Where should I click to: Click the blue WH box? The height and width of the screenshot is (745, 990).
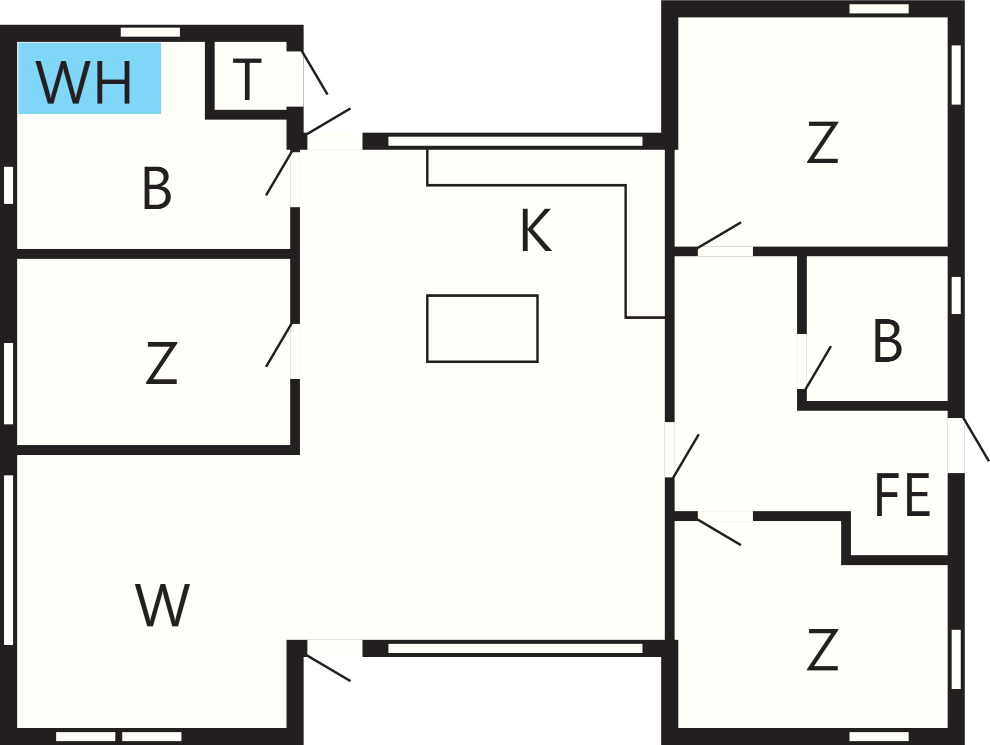[89, 78]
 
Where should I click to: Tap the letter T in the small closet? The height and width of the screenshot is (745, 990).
[247, 79]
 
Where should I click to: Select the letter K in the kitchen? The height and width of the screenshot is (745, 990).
[536, 230]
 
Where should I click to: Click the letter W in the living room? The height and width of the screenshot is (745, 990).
[162, 605]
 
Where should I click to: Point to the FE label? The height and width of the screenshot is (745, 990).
[902, 495]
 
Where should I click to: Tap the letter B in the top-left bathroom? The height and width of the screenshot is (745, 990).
[156, 188]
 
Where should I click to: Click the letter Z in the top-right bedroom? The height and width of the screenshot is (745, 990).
[822, 142]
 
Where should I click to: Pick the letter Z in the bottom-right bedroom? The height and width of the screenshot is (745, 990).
[822, 649]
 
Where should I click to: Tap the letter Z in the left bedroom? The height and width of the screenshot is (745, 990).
[161, 363]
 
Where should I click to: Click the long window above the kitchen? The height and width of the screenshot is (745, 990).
[515, 141]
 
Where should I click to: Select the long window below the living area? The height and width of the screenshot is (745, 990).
[515, 648]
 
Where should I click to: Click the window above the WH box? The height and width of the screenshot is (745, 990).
[150, 32]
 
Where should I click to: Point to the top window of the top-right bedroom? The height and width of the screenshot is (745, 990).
[879, 9]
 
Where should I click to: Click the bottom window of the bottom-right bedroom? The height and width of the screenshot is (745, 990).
[879, 736]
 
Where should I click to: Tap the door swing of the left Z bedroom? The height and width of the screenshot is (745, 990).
[279, 345]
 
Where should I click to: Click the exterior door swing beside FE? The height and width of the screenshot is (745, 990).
[976, 439]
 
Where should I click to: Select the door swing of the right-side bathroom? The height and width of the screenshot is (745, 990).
[817, 368]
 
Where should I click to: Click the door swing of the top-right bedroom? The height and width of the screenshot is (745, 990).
[719, 235]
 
